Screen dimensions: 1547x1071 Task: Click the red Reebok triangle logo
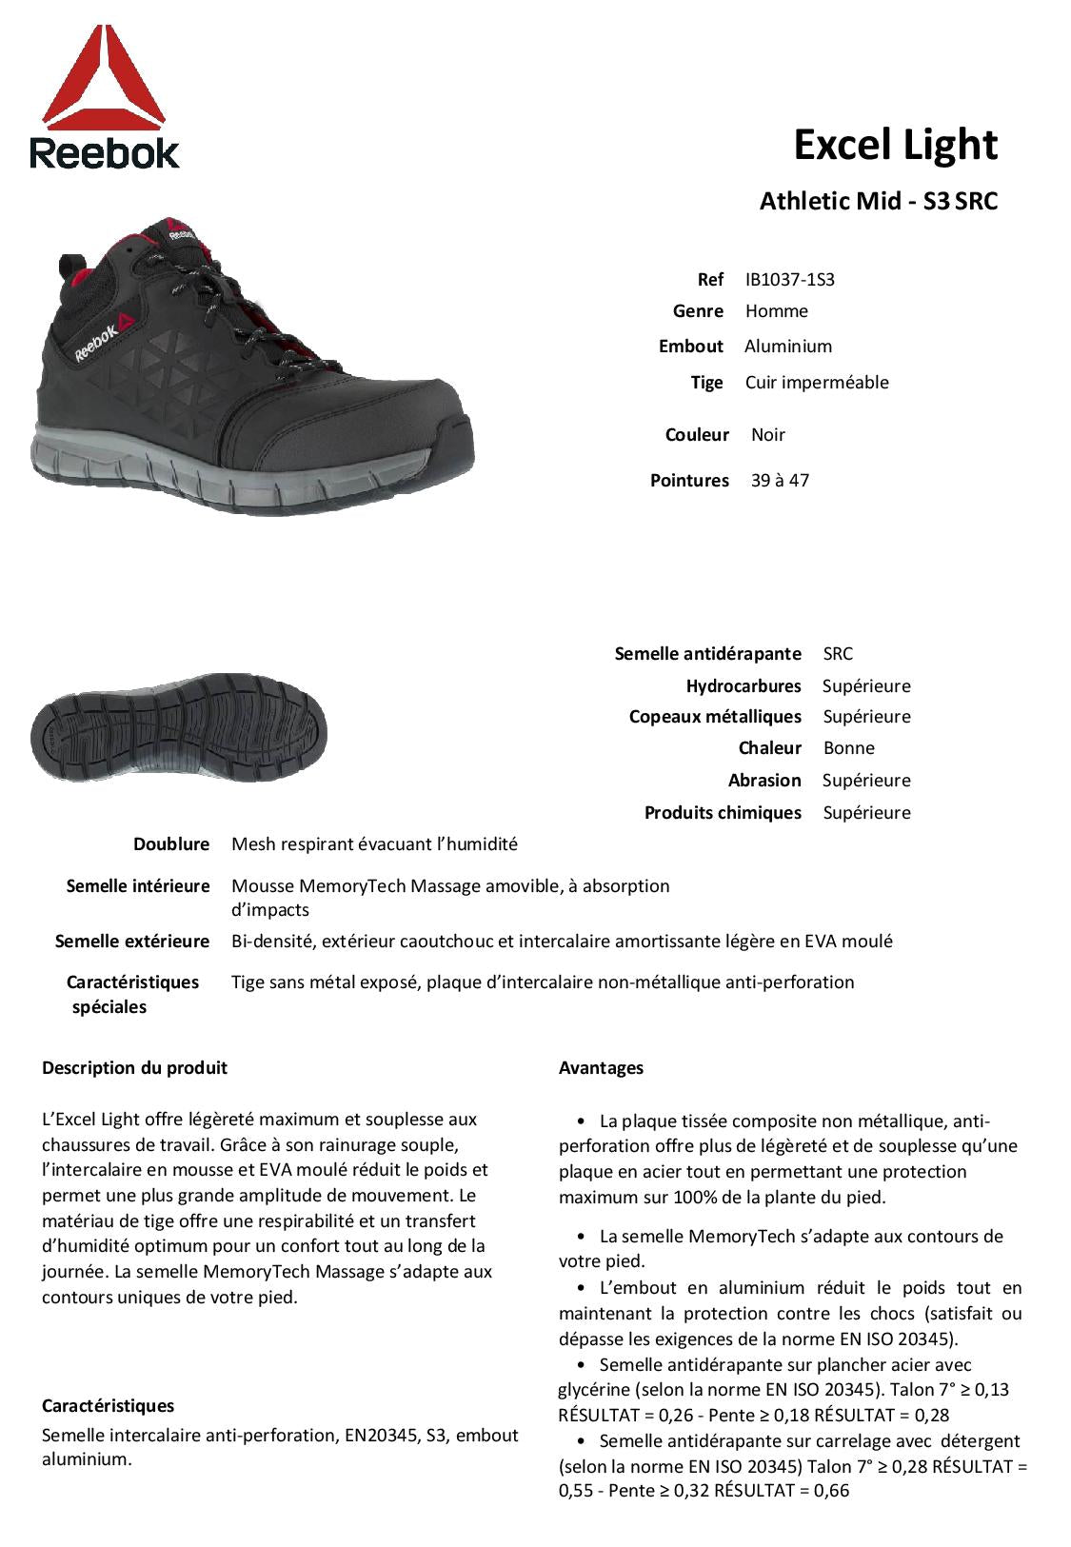coord(105,80)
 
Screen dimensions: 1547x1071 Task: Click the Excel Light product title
coord(895,145)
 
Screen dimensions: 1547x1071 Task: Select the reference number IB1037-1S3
coord(789,279)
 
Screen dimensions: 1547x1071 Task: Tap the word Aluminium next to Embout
coord(788,347)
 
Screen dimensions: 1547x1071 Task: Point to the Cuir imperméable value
coord(817,383)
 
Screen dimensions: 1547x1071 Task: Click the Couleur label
coord(697,435)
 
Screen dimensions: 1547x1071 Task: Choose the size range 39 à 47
coord(780,481)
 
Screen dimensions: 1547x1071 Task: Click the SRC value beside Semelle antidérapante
coord(838,654)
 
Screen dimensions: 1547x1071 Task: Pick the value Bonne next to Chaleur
coord(848,748)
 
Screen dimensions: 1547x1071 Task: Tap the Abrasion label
coord(764,781)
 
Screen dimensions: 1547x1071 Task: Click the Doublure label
coord(171,844)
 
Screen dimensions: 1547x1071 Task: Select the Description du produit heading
coord(134,1068)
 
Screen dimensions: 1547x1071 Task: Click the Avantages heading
coord(601,1068)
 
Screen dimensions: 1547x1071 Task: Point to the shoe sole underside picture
coord(179,726)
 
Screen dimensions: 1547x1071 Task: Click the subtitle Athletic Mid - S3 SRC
coord(878,202)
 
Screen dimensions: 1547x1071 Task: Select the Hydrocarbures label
coord(744,686)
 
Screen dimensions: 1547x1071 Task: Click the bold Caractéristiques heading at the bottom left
coord(108,1406)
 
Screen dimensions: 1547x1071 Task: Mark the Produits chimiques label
coord(723,813)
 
